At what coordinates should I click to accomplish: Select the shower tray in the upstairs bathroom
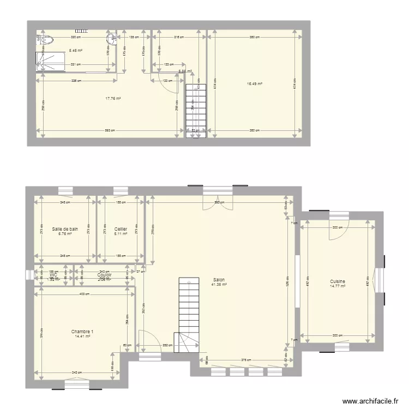coord(50,61)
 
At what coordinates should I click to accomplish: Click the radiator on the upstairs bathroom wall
coord(82,31)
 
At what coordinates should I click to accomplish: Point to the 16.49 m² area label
coord(255,84)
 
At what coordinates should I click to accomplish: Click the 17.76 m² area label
coord(113,99)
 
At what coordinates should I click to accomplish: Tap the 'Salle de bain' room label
coord(65,229)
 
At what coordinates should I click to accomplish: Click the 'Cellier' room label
coord(121,229)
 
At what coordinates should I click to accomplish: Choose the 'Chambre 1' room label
coord(82,332)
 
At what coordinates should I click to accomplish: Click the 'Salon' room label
coord(219,280)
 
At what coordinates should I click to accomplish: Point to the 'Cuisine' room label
coord(338,281)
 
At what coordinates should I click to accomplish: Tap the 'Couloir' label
coord(104,275)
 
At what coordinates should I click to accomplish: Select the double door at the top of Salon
coord(218,202)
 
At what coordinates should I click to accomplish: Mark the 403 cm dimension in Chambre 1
coord(84,294)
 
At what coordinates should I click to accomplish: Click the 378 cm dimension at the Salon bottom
coord(246,360)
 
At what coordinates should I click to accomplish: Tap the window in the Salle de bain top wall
coord(65,191)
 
